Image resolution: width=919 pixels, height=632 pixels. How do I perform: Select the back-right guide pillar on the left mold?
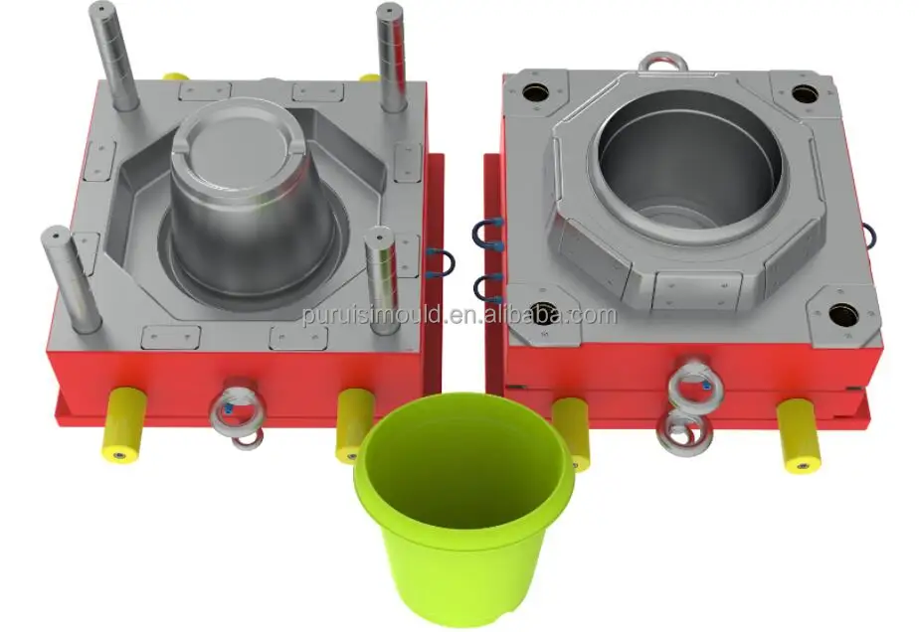[x=389, y=57]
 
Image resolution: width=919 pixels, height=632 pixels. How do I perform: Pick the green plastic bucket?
[x=463, y=507]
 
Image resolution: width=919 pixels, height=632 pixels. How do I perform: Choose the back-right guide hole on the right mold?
[x=805, y=94]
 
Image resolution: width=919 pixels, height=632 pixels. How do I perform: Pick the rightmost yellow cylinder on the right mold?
[x=798, y=434]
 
